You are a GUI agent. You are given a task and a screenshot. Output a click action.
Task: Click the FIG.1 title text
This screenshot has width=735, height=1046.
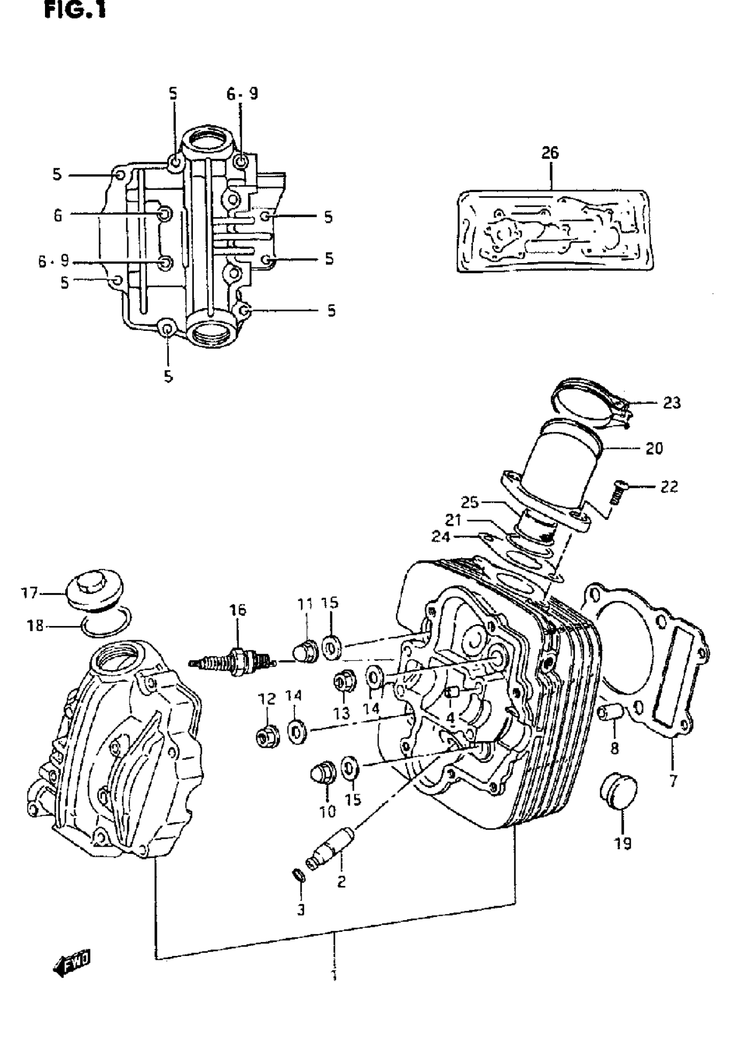tap(75, 10)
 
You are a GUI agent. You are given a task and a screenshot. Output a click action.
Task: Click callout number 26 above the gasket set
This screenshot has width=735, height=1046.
tap(550, 153)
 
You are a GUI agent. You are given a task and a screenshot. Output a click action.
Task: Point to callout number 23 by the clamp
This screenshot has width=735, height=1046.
tap(671, 403)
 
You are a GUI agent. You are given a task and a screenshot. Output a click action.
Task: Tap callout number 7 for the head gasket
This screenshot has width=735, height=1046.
tap(673, 781)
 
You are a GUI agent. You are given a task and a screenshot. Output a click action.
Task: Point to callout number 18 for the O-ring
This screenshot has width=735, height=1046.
tap(35, 626)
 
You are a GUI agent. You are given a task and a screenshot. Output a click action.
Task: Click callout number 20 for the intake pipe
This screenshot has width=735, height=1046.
tap(655, 449)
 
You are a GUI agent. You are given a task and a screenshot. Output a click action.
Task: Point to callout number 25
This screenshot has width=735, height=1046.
tap(470, 503)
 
